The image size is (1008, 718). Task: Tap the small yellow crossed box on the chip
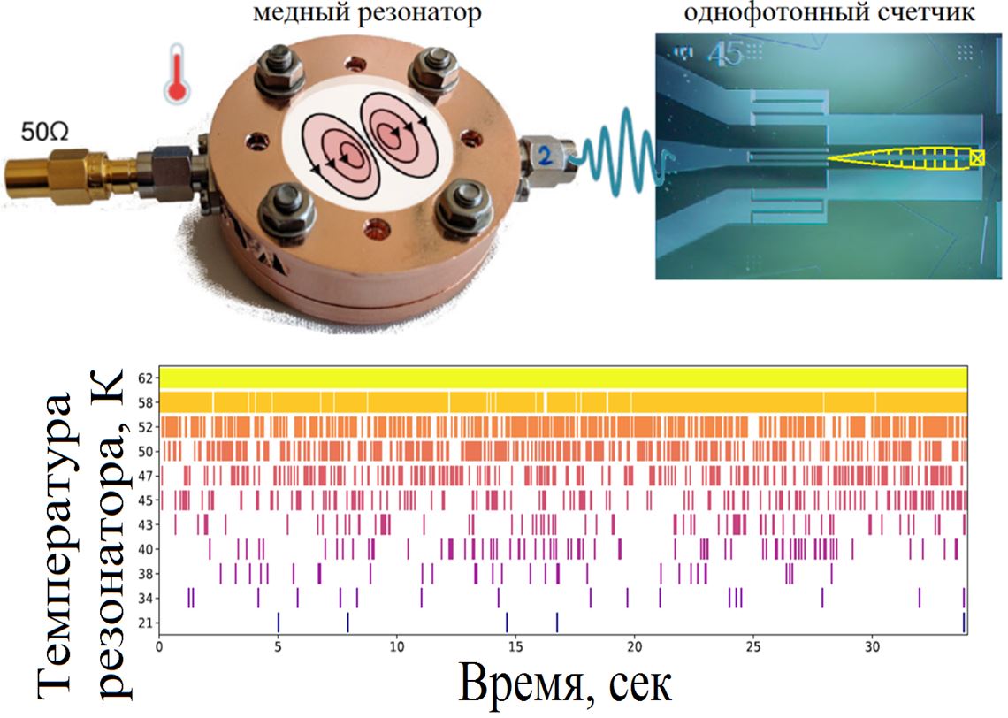tap(977, 157)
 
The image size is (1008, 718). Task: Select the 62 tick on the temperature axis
tap(146, 378)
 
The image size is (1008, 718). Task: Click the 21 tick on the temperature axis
tap(146, 623)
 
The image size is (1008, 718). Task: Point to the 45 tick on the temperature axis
tap(146, 500)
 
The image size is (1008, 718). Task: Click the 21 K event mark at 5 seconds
tap(279, 623)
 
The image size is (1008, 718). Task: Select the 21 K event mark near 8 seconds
tap(348, 623)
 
